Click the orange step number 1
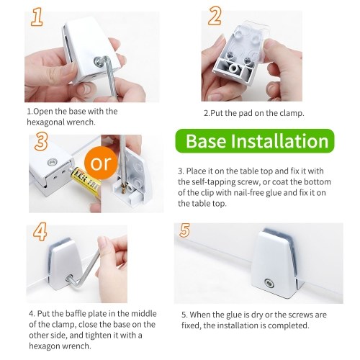pyautogui.click(x=37, y=17)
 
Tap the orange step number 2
pyautogui.click(x=215, y=16)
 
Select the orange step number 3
pyautogui.click(x=41, y=142)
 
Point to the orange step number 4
pyautogui.click(x=40, y=232)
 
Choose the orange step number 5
pyautogui.click(x=184, y=230)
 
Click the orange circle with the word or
pyautogui.click(x=101, y=163)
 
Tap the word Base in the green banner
pyautogui.click(x=206, y=141)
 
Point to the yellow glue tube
pyautogui.click(x=86, y=181)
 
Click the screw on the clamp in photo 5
pyautogui.click(x=269, y=283)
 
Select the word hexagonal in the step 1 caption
pyautogui.click(x=45, y=122)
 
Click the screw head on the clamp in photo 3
pyautogui.click(x=52, y=162)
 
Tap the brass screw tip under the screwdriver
pyautogui.click(x=124, y=189)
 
